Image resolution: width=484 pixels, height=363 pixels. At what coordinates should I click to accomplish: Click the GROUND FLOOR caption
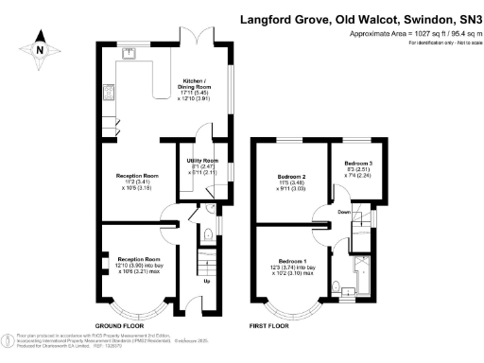(x=120, y=323)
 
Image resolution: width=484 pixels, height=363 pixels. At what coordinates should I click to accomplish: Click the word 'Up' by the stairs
(x=207, y=281)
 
